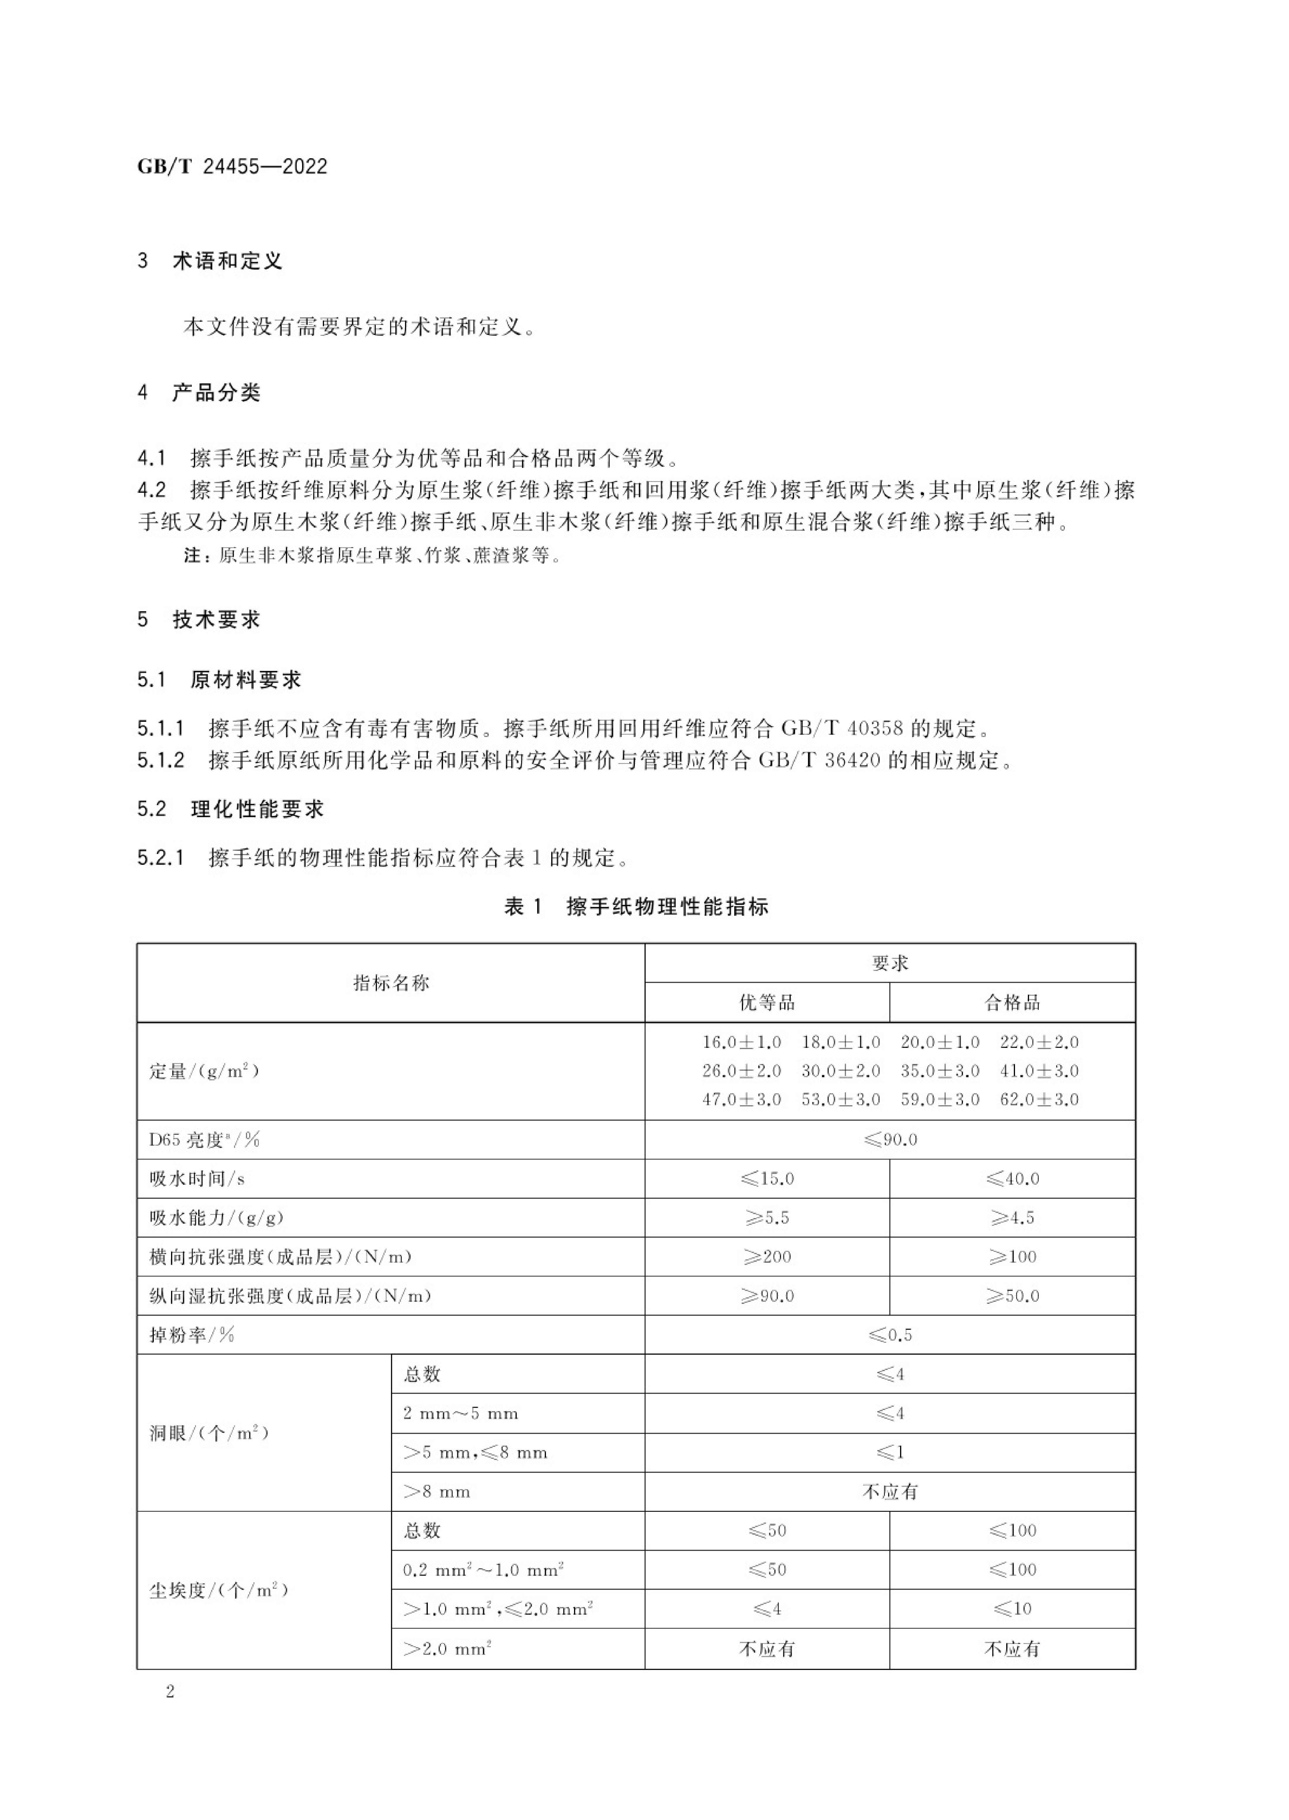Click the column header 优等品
click(767, 1003)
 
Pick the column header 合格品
click(1012, 1003)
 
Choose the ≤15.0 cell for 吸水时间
click(767, 1179)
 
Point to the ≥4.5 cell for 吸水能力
click(1012, 1218)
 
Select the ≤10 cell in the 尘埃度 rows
click(1012, 1609)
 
